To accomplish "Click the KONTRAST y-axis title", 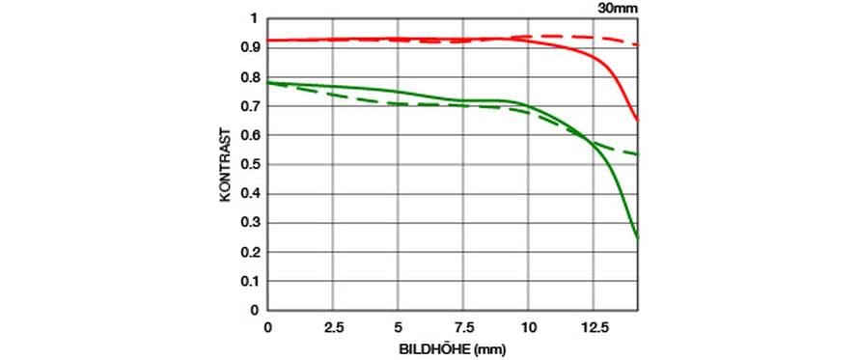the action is [226, 165].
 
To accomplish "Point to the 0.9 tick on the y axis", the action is [249, 48].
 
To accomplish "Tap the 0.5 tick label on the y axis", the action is [249, 165].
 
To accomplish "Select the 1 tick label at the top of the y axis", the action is [254, 19].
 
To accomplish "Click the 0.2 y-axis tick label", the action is [249, 252].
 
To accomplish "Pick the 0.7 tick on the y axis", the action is [249, 107].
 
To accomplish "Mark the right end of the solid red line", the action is [638, 121].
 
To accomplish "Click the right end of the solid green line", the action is [638, 238].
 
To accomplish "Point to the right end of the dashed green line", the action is [638, 154].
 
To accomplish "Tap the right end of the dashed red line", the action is [638, 44].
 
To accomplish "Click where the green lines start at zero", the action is [267, 83].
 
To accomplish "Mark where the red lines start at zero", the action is [267, 40].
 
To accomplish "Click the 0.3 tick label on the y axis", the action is [249, 223].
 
